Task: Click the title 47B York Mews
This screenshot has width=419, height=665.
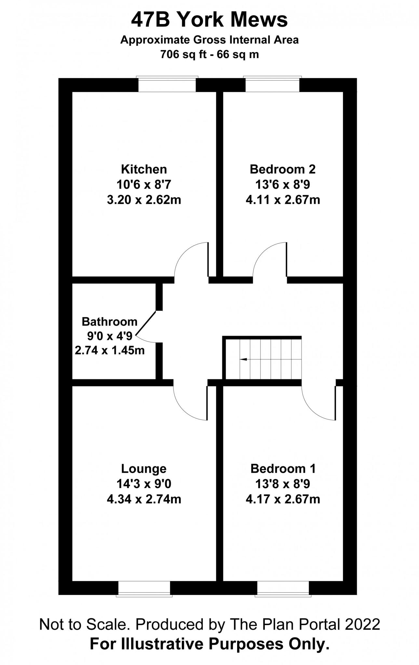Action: [x=209, y=20]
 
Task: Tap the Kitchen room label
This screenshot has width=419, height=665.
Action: [x=144, y=169]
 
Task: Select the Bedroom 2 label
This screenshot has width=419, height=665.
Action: [x=282, y=169]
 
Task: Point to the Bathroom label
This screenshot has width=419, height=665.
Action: [x=110, y=321]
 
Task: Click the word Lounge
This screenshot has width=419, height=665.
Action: [x=144, y=469]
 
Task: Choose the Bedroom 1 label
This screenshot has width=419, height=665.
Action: [x=283, y=469]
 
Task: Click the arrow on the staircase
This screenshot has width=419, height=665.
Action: [x=243, y=359]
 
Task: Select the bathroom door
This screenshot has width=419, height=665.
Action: [x=146, y=323]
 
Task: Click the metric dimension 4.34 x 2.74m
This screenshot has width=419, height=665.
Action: [x=144, y=499]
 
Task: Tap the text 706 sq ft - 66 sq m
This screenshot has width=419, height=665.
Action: [x=209, y=54]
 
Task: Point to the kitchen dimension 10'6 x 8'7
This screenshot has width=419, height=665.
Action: [x=144, y=185]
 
